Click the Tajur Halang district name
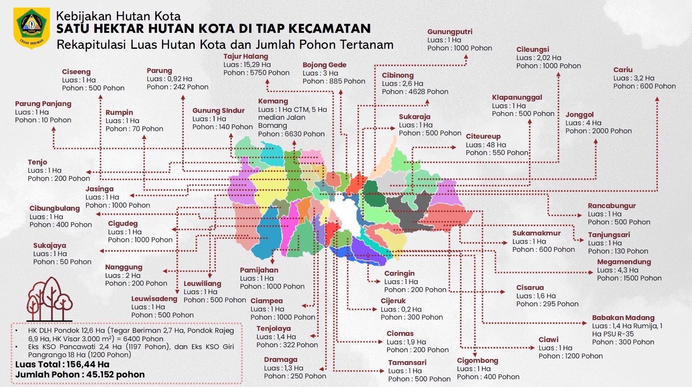pos(245,56)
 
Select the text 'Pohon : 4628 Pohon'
pos(415,92)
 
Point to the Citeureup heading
pos(483,136)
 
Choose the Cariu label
pos(622,70)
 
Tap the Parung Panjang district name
pos(43,104)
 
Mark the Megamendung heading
pos(624,262)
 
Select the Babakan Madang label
pos(623,317)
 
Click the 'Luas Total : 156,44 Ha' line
pos(62,364)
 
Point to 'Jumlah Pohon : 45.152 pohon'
pos(80,374)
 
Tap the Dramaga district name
pos(280,359)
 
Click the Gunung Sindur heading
pos(218,111)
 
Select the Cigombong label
pos(477,360)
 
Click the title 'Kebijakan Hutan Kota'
pos(118,16)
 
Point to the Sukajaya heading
pos(49,245)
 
